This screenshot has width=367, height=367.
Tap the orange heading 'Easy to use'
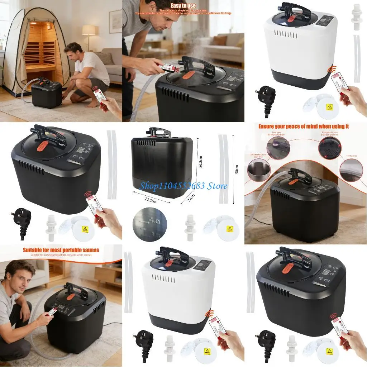(x=183, y=6)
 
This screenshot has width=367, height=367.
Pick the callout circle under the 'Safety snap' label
(x=353, y=168)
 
